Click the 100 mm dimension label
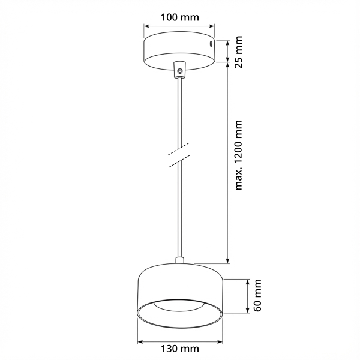pyautogui.click(x=179, y=17)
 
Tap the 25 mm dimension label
pyautogui.click(x=239, y=52)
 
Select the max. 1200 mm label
pyautogui.click(x=239, y=155)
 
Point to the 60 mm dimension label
pyautogui.click(x=257, y=295)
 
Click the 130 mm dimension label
pyautogui.click(x=179, y=349)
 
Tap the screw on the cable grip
pyautogui.click(x=180, y=71)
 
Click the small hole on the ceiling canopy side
pyautogui.click(x=211, y=44)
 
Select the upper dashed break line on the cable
pyautogui.click(x=178, y=149)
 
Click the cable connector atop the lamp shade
pyautogui.click(x=179, y=260)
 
